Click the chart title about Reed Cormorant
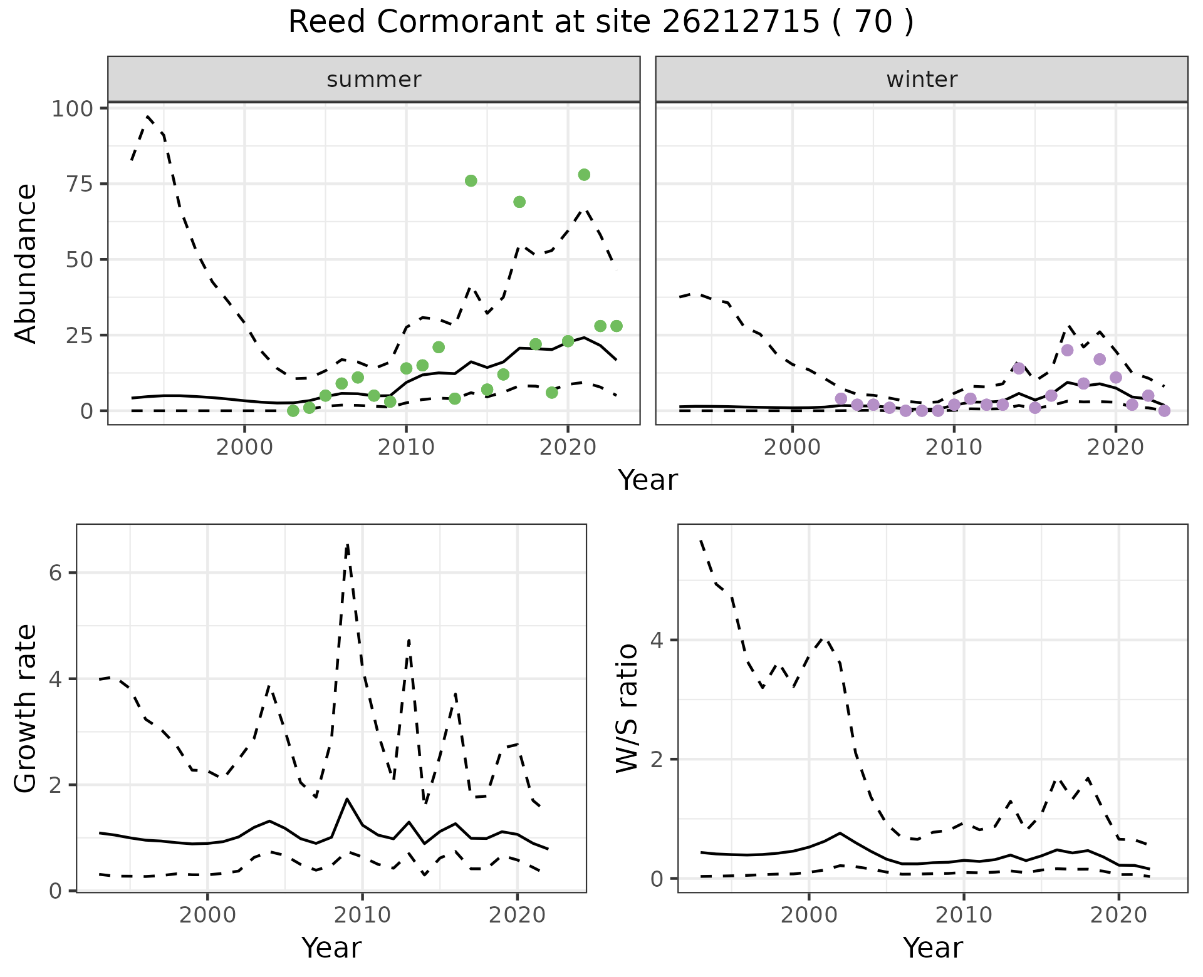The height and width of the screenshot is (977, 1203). tap(600, 23)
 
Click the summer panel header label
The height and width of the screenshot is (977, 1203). tap(374, 80)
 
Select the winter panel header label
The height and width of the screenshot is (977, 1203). tap(922, 80)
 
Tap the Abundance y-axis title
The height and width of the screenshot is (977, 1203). tap(26, 263)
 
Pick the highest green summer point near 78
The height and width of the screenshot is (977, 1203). tap(584, 175)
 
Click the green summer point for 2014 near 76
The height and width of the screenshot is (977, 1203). tap(471, 181)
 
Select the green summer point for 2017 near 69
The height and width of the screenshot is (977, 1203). tap(519, 202)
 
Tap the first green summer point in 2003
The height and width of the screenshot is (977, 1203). tap(293, 411)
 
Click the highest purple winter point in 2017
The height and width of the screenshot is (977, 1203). tap(1068, 350)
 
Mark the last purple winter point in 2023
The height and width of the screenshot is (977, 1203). tap(1164, 411)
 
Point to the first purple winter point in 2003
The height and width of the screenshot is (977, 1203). tap(841, 399)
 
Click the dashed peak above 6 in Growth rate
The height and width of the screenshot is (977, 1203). tap(348, 544)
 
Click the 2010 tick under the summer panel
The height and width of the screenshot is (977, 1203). tap(406, 447)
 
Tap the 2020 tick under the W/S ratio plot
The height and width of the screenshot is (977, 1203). tap(1119, 915)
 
